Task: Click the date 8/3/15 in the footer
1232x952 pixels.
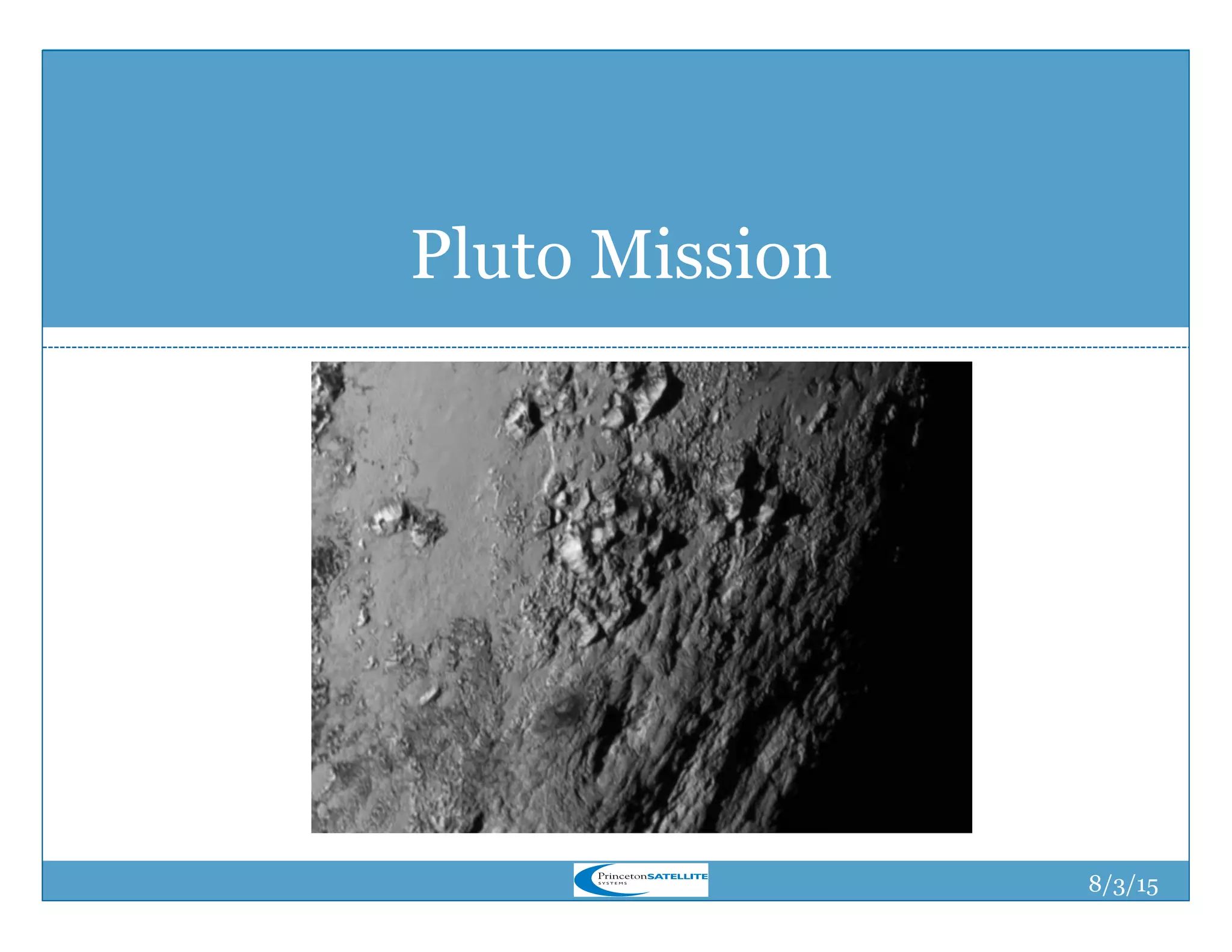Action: tap(1123, 885)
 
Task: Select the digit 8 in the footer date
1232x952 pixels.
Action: tap(1095, 883)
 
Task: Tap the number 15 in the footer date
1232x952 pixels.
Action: tap(1147, 886)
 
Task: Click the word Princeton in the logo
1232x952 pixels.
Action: tap(622, 876)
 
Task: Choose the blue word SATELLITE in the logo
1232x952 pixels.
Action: tap(677, 876)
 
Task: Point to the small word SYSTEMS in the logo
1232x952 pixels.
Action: tap(612, 883)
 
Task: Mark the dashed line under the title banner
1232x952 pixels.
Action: tap(615, 347)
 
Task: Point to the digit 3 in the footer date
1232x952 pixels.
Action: tap(1120, 886)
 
